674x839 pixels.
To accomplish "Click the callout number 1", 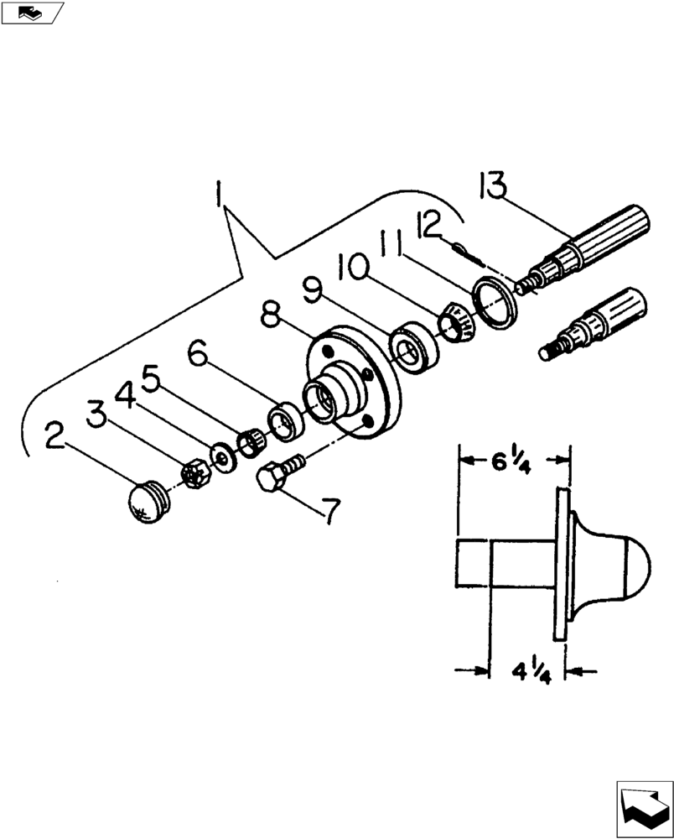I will click(x=219, y=195).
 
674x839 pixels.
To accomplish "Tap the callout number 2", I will click(x=56, y=435).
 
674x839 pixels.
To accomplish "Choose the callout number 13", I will click(x=494, y=185).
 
